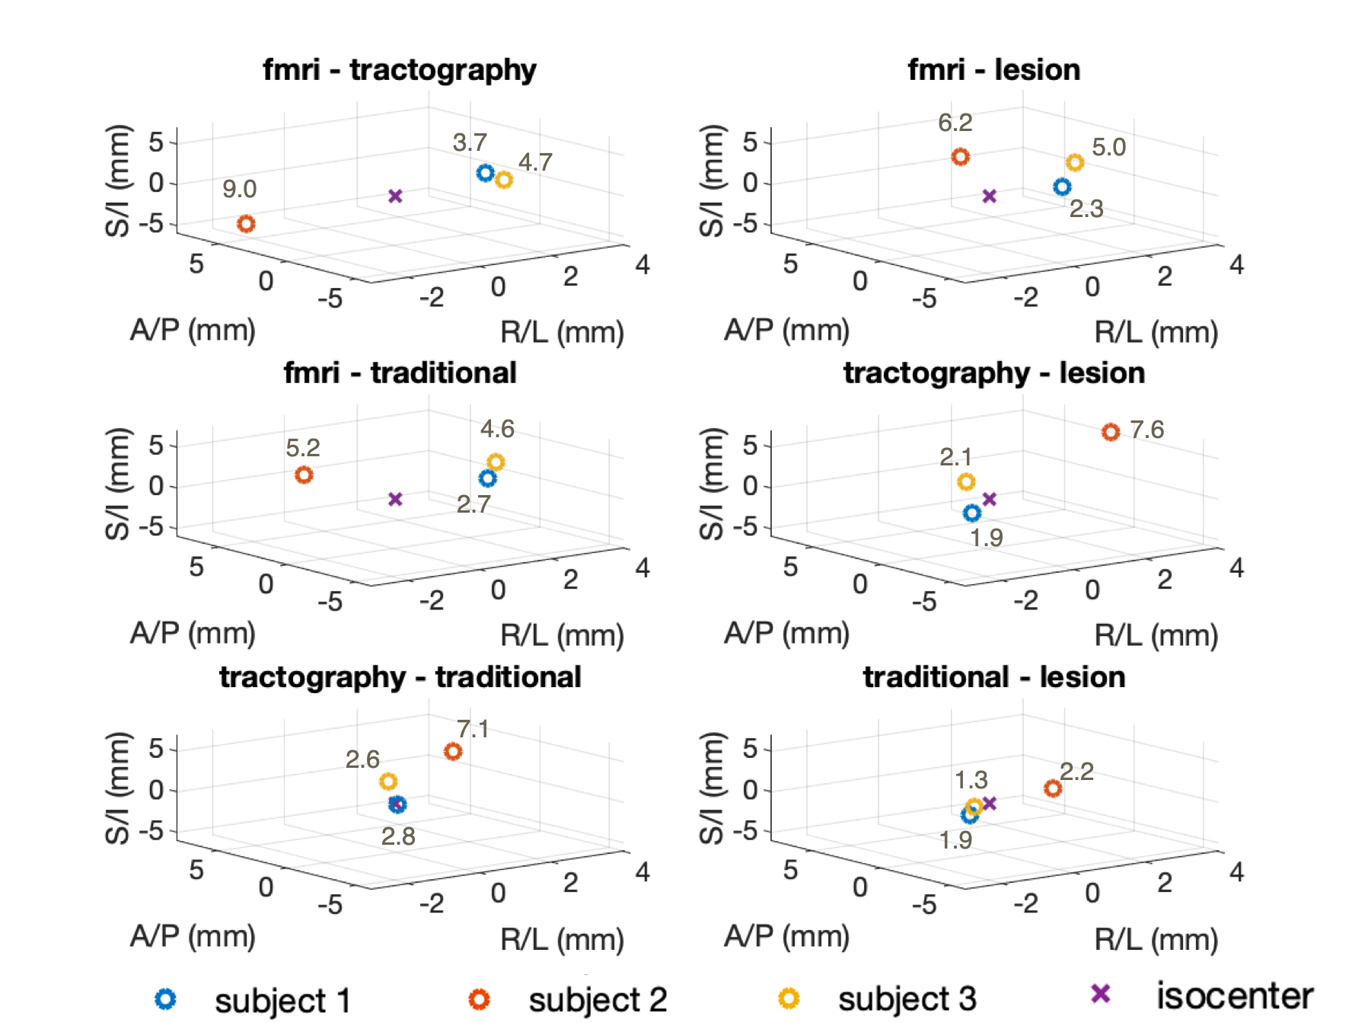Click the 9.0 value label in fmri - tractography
click(x=239, y=189)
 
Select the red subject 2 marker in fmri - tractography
click(x=246, y=224)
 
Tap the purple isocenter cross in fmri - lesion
click(x=989, y=197)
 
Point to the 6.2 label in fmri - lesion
click(x=955, y=123)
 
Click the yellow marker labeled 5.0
click(x=1074, y=162)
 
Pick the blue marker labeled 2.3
click(x=1062, y=187)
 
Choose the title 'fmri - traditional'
click(x=400, y=373)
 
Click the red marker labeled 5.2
click(x=304, y=475)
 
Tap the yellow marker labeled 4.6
click(x=496, y=462)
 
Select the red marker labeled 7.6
click(x=1111, y=433)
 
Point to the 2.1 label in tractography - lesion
click(x=955, y=457)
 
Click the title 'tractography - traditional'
click(x=400, y=677)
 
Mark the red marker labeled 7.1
click(x=453, y=752)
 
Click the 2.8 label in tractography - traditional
click(x=398, y=836)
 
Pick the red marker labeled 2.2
click(x=1053, y=788)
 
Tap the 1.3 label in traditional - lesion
click(x=971, y=780)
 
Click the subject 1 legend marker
click(x=166, y=999)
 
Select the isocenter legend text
click(x=1234, y=996)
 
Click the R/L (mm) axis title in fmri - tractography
click(x=562, y=332)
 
